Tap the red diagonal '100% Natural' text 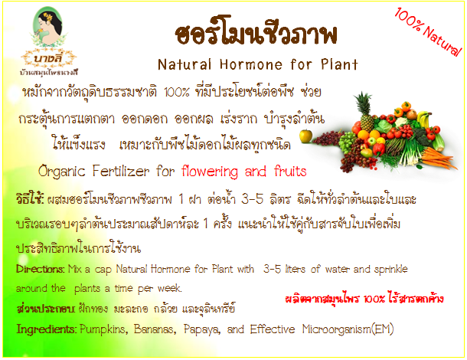click(x=428, y=32)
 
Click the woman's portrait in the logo click(x=48, y=27)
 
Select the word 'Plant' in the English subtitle click(x=339, y=64)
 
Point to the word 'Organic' click(x=62, y=172)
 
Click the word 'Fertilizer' click(x=121, y=171)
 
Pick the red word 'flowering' click(x=210, y=172)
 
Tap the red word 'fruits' click(x=290, y=171)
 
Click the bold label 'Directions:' click(x=41, y=269)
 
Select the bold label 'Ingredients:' click(x=47, y=329)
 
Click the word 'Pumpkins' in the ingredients click(x=104, y=329)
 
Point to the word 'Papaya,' click(x=202, y=329)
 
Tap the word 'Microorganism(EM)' click(x=348, y=329)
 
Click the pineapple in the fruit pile click(x=365, y=111)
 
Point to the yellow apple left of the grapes click(x=306, y=136)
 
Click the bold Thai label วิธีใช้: click(x=30, y=199)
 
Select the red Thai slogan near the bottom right click(x=364, y=298)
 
